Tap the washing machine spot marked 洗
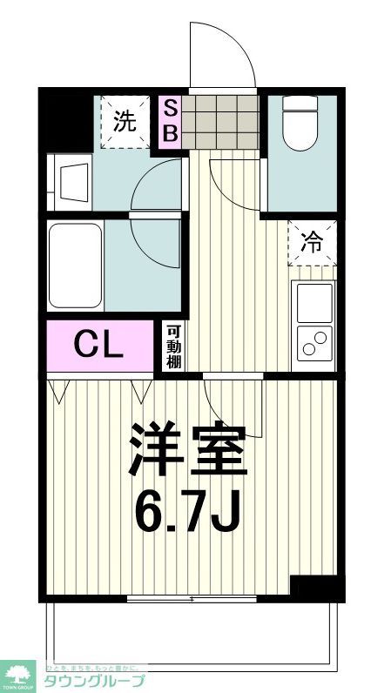[125, 122]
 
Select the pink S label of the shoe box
[172, 108]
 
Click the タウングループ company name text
[95, 679]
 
